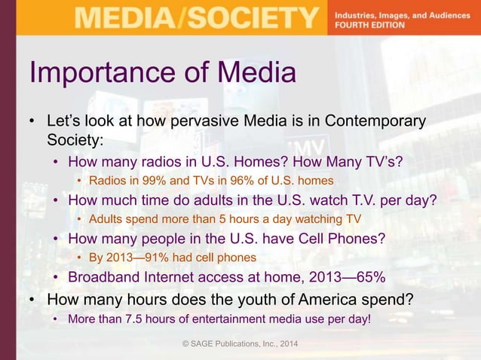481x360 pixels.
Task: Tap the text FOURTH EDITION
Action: point(369,24)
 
